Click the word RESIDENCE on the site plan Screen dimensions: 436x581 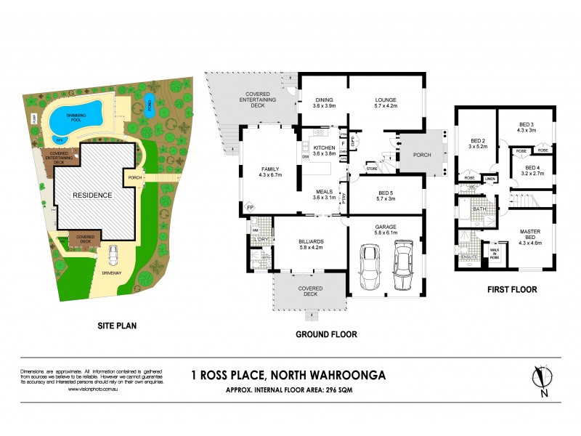coord(92,195)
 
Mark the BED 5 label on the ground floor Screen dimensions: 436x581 coord(384,192)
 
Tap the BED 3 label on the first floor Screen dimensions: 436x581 coord(527,126)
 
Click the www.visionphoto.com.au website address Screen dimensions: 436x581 coord(91,389)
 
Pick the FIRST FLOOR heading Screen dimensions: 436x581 coord(513,289)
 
